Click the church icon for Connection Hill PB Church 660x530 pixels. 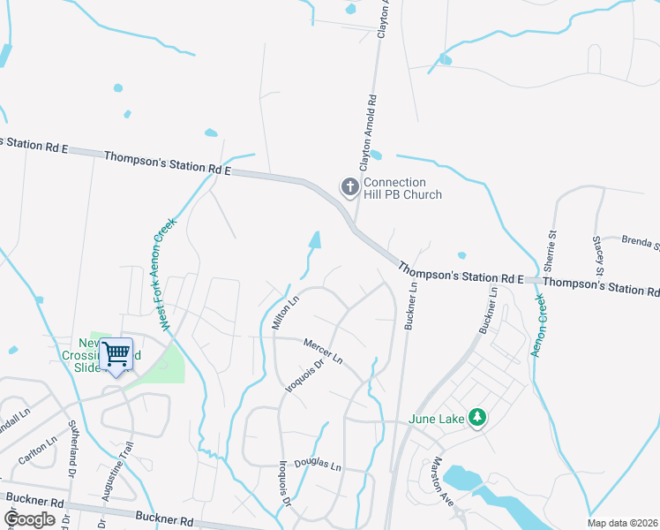(x=349, y=186)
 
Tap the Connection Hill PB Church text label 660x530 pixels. (x=401, y=188)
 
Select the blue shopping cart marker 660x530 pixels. (x=116, y=355)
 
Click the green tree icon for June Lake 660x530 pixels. (x=477, y=416)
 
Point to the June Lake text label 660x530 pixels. (x=436, y=419)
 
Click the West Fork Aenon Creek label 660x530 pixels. (x=167, y=274)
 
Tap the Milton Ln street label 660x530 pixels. (x=286, y=313)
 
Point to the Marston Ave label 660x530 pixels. (x=442, y=481)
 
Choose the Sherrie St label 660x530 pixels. (x=551, y=250)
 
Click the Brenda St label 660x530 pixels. (x=640, y=241)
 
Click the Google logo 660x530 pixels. (x=30, y=519)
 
